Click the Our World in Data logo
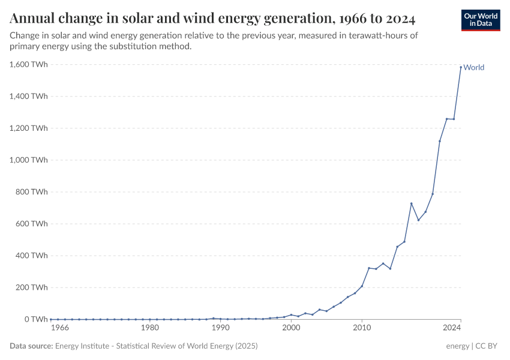point(480,20)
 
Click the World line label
point(473,67)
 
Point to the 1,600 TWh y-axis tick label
point(29,64)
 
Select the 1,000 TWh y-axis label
point(29,160)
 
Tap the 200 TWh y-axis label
point(31,287)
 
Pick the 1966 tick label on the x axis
point(60,328)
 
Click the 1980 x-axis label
point(149,328)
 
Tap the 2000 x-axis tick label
point(291,328)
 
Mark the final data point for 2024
point(461,67)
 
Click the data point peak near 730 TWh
point(411,203)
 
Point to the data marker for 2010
point(362,286)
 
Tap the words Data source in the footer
point(31,346)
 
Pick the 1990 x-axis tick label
point(220,328)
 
